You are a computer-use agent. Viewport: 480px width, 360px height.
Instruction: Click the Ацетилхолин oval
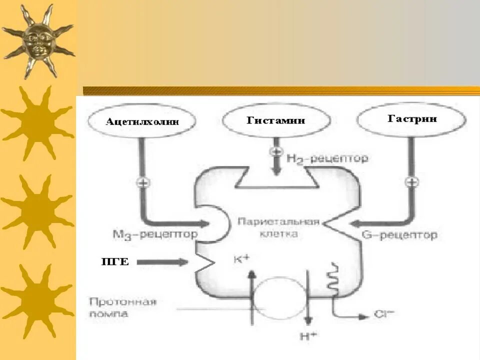[x=142, y=121]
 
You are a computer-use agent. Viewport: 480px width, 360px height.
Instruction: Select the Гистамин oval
[x=276, y=120]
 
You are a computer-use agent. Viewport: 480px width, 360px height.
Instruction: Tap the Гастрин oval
[x=412, y=119]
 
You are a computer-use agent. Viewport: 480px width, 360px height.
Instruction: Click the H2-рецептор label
[x=327, y=159]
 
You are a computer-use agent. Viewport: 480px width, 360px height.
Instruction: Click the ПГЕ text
[x=115, y=261]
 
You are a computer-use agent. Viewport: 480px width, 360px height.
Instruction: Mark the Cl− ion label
[x=384, y=315]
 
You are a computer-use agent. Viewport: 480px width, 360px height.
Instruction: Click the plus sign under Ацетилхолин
[x=142, y=182]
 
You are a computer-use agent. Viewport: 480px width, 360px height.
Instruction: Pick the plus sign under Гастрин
[x=411, y=182]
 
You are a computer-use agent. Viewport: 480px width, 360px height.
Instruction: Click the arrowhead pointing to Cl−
[x=364, y=316]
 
